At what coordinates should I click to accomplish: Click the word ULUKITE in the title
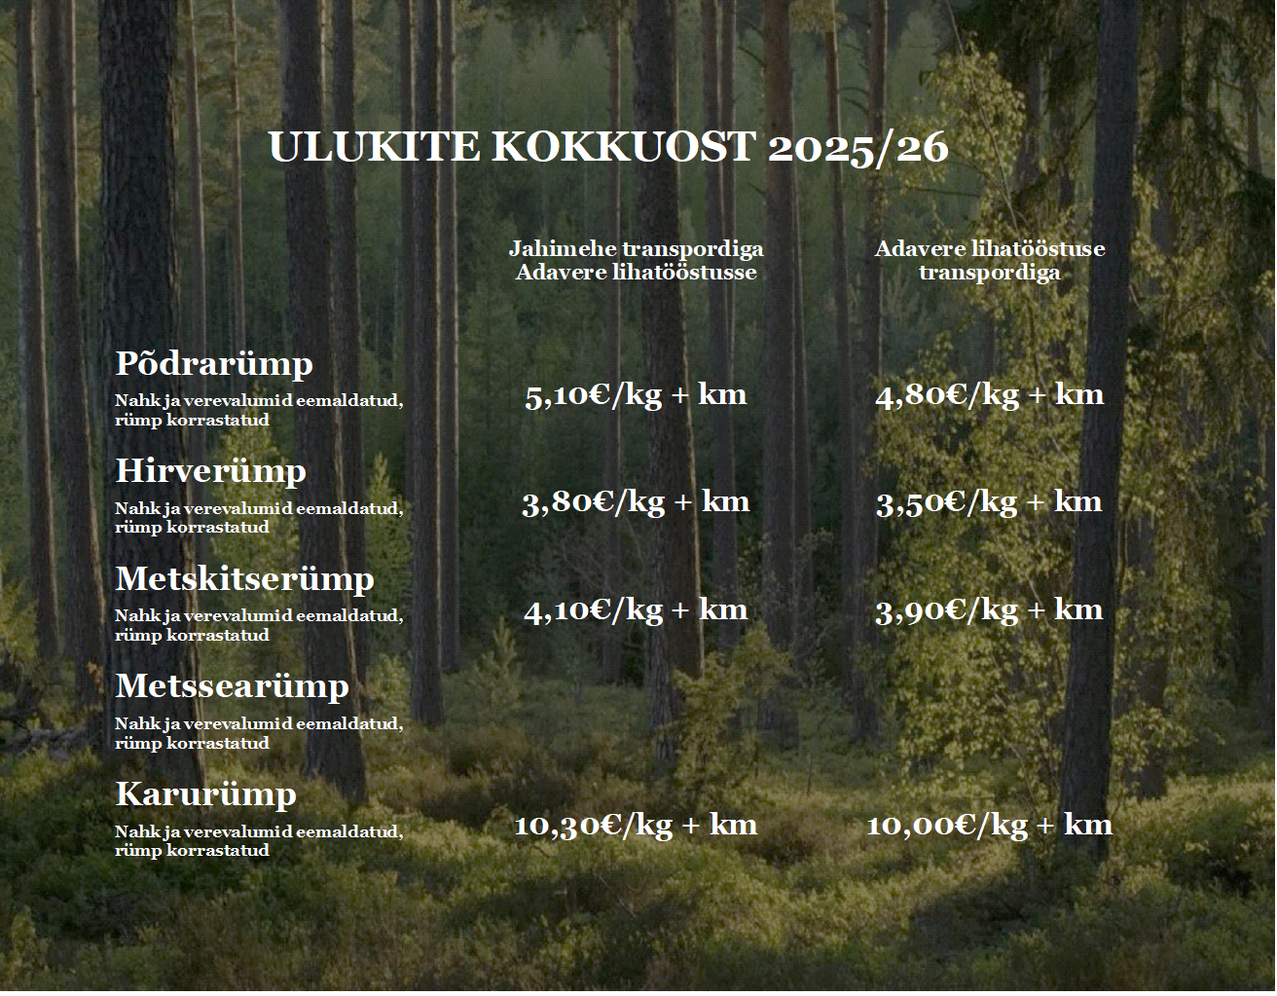point(375,147)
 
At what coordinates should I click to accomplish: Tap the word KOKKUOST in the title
point(623,147)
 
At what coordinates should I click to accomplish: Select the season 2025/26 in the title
point(858,148)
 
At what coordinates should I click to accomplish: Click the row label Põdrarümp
point(214,364)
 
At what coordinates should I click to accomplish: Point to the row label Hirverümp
point(211,472)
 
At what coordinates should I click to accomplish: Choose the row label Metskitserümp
point(244,580)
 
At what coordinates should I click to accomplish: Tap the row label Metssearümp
point(232,687)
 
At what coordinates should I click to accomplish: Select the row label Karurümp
point(205,795)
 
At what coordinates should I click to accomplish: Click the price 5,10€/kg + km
point(636,395)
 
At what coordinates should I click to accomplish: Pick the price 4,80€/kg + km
point(990,395)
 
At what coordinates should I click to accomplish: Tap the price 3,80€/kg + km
point(636,503)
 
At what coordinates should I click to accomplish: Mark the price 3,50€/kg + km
point(989,503)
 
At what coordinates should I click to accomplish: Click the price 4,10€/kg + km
point(636,611)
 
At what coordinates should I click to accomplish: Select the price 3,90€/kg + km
point(989,611)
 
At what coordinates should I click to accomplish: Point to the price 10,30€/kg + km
point(636,827)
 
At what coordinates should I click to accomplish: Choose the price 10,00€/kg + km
point(990,827)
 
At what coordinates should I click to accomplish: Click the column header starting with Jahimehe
point(636,260)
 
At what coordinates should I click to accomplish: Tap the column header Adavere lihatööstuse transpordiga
point(990,260)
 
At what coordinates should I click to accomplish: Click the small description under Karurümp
point(259,841)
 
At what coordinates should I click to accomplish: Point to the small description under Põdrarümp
point(259,410)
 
